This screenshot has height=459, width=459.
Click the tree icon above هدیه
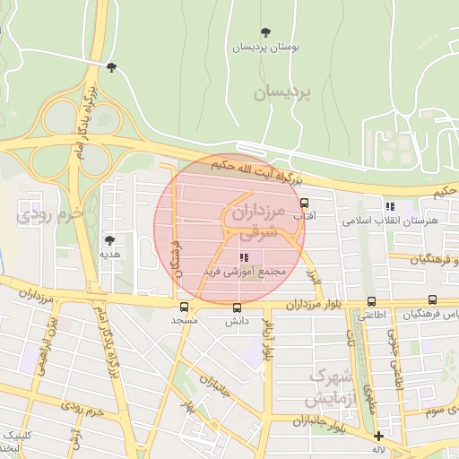[x=110, y=240]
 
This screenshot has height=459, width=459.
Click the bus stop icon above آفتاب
[x=304, y=202]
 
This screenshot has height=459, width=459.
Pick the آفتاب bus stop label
[x=304, y=216]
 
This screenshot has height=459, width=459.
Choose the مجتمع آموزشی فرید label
[x=244, y=271]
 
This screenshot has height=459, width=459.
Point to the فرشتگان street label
[x=177, y=256]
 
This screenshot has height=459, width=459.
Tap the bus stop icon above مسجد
[x=184, y=307]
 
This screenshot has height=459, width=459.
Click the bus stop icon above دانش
[x=235, y=307]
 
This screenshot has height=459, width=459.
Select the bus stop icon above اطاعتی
[x=369, y=302]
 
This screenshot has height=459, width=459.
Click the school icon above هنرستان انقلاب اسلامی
[x=389, y=206]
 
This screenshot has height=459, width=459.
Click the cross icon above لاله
[x=378, y=437]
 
